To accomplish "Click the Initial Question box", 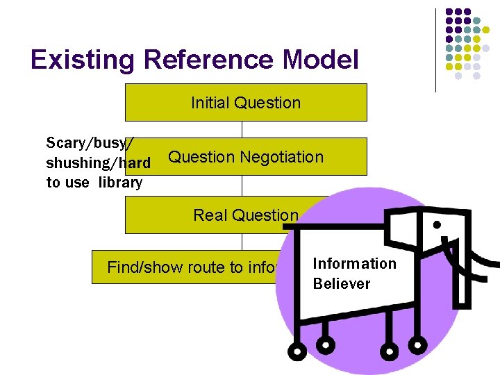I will tap(246, 103).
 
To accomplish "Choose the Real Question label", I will tap(246, 215).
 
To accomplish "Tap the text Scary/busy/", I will tap(90, 143).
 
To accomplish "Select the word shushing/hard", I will tap(98, 163).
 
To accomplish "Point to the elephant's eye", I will tap(437, 225).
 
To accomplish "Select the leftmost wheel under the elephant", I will tap(297, 351).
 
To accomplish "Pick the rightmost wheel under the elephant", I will tap(418, 344).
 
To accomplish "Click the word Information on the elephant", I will tap(354, 264).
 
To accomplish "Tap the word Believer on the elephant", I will tap(342, 284).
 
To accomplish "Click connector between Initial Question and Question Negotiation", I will tap(242, 129).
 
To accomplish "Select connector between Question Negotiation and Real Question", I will tap(242, 185).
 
